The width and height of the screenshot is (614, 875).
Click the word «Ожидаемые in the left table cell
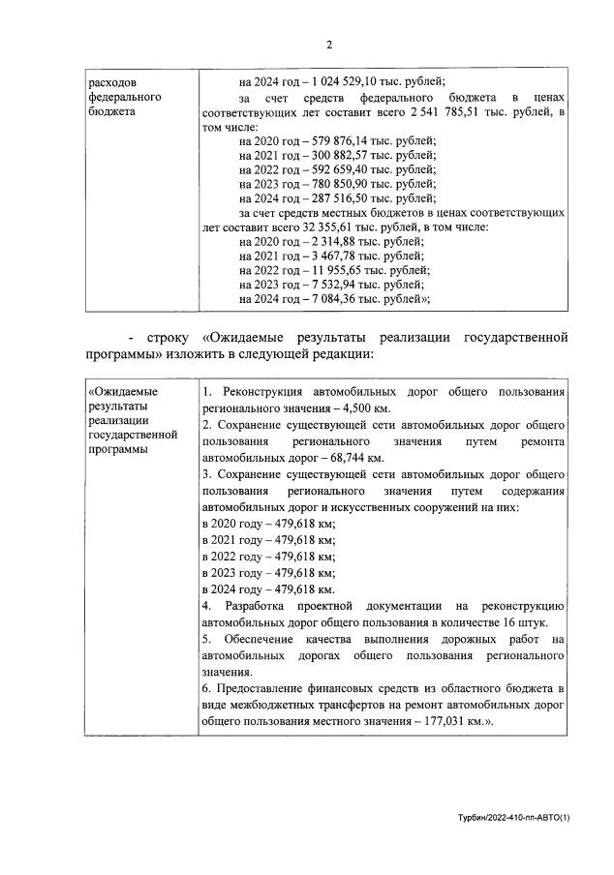pyautogui.click(x=123, y=391)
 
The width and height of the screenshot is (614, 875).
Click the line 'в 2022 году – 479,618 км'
pyautogui.click(x=268, y=557)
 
